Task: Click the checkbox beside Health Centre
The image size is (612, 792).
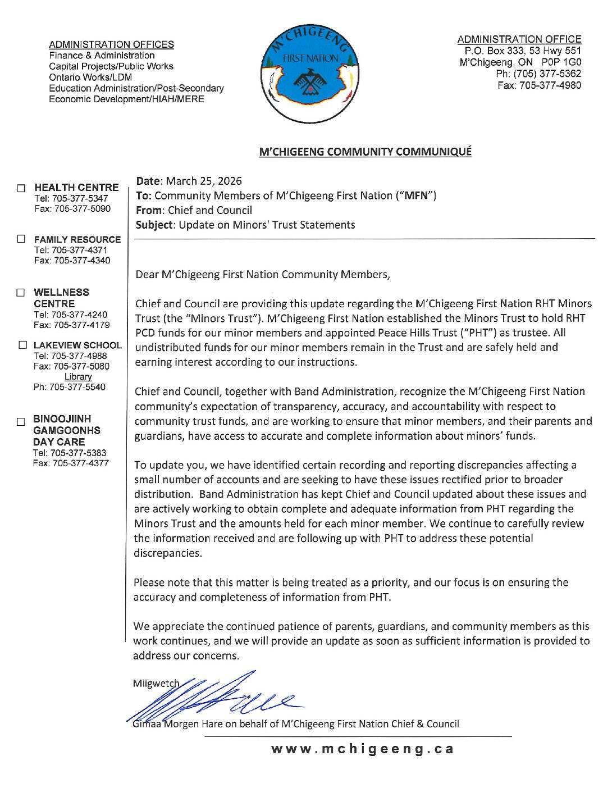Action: coord(21,188)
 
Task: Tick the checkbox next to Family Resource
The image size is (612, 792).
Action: coord(21,239)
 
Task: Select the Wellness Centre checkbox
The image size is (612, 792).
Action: coord(21,292)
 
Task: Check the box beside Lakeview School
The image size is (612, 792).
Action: coord(22,345)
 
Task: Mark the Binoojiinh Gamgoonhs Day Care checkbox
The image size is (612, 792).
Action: coord(21,421)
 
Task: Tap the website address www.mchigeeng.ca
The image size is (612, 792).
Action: coord(362,749)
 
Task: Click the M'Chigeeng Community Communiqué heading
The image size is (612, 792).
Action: coord(365,152)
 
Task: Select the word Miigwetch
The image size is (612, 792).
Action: coord(156,684)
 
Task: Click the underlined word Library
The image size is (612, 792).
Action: coord(78,376)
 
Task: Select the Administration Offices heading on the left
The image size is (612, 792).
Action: coord(111,44)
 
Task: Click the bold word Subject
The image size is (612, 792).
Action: coord(155,225)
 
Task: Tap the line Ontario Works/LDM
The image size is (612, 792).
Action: coord(90,77)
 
